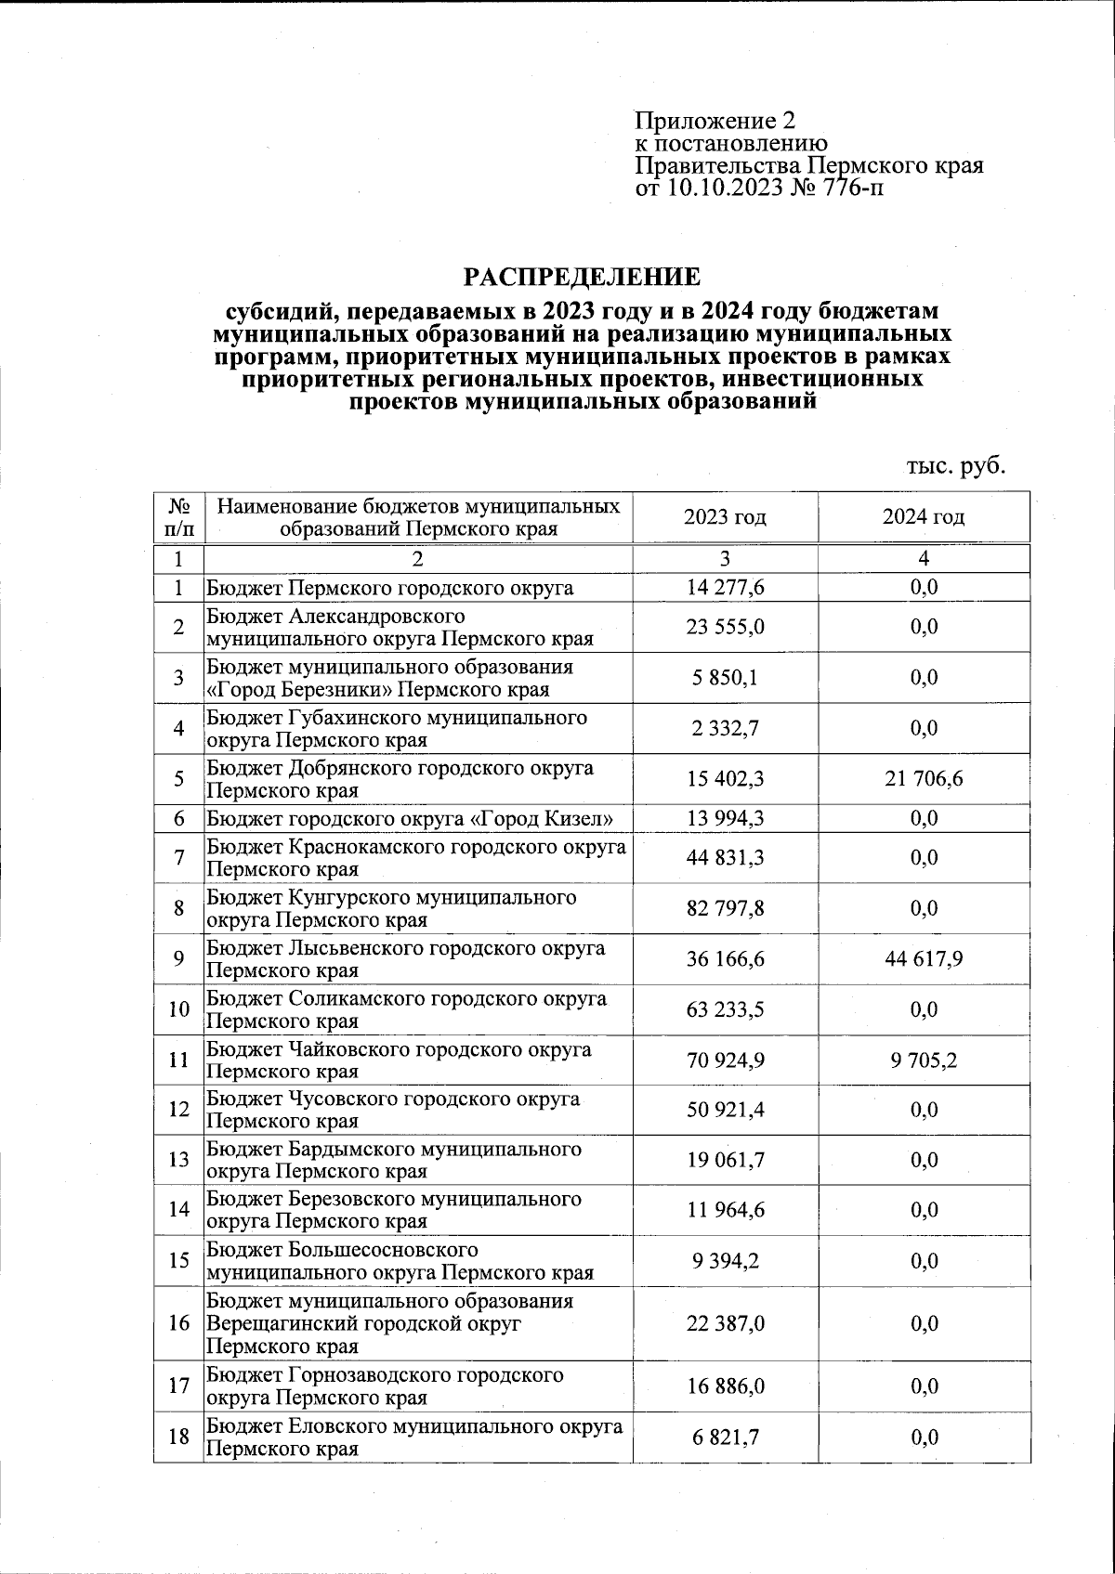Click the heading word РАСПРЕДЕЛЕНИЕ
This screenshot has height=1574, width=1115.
582,277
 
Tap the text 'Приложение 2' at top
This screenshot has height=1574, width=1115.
715,121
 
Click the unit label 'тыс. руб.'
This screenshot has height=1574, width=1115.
956,465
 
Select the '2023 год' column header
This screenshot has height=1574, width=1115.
725,517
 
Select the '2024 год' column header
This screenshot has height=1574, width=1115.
924,517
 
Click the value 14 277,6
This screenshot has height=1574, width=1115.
725,588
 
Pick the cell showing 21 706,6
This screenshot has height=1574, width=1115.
924,779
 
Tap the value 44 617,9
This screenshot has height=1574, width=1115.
924,959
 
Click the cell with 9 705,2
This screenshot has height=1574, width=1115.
924,1060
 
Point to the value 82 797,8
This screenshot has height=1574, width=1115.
725,908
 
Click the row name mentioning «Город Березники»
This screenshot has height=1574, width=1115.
389,679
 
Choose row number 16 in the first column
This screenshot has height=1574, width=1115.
179,1323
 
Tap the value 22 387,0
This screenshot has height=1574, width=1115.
725,1323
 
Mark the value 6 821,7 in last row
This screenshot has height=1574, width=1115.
725,1437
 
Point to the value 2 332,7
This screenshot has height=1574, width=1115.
725,729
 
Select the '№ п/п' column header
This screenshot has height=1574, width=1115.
179,517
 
